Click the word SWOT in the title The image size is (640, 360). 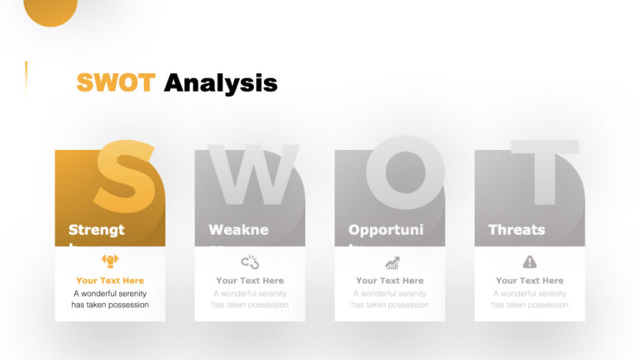click(115, 82)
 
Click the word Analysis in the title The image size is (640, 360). click(220, 82)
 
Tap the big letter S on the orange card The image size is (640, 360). click(126, 177)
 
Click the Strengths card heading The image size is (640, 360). click(97, 230)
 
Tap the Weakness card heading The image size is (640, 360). click(238, 230)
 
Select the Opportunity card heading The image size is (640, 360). click(386, 230)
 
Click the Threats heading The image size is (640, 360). click(517, 230)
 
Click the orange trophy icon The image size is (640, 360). click(110, 262)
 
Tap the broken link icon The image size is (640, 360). click(250, 262)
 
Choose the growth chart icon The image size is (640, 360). click(392, 262)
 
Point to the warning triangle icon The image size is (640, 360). click(530, 262)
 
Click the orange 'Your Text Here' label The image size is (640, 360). click(110, 281)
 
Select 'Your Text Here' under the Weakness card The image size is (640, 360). click(250, 281)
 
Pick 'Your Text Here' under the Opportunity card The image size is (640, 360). click(390, 281)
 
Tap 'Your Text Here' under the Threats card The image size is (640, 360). click(530, 281)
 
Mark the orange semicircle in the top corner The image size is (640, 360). click(51, 10)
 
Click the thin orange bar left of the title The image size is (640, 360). click(26, 79)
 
